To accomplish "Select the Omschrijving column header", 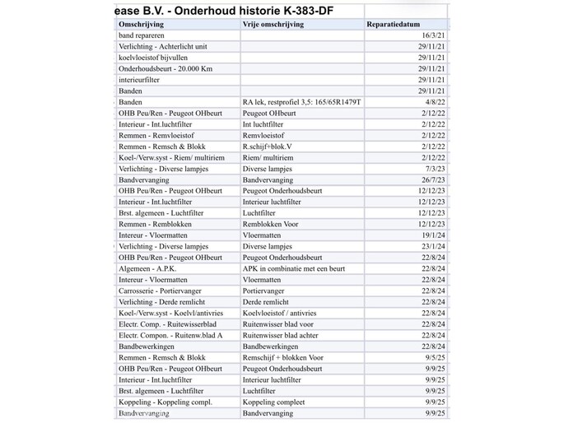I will pos(141,25).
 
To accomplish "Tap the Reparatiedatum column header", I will pos(398,25).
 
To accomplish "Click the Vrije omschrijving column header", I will pos(273,25).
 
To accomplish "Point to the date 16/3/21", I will pos(433,36).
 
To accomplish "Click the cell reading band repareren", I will pos(142,36).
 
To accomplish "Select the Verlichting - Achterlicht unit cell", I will pos(163,47).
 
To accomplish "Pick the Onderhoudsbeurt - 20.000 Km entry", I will pos(165,69).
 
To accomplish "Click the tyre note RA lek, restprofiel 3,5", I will pos(301,102).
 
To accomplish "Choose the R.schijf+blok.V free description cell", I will pos(268,146).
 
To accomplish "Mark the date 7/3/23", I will pos(435,169).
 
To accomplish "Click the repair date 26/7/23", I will pos(433,179).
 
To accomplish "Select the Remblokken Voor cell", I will pos(271,224).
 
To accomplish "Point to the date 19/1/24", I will pos(433,235).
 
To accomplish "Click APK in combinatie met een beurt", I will pos(293,268).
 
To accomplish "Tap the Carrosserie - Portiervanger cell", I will pos(161,291).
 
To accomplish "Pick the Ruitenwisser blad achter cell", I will pos(282,335).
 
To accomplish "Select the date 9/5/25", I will pos(435,357).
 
